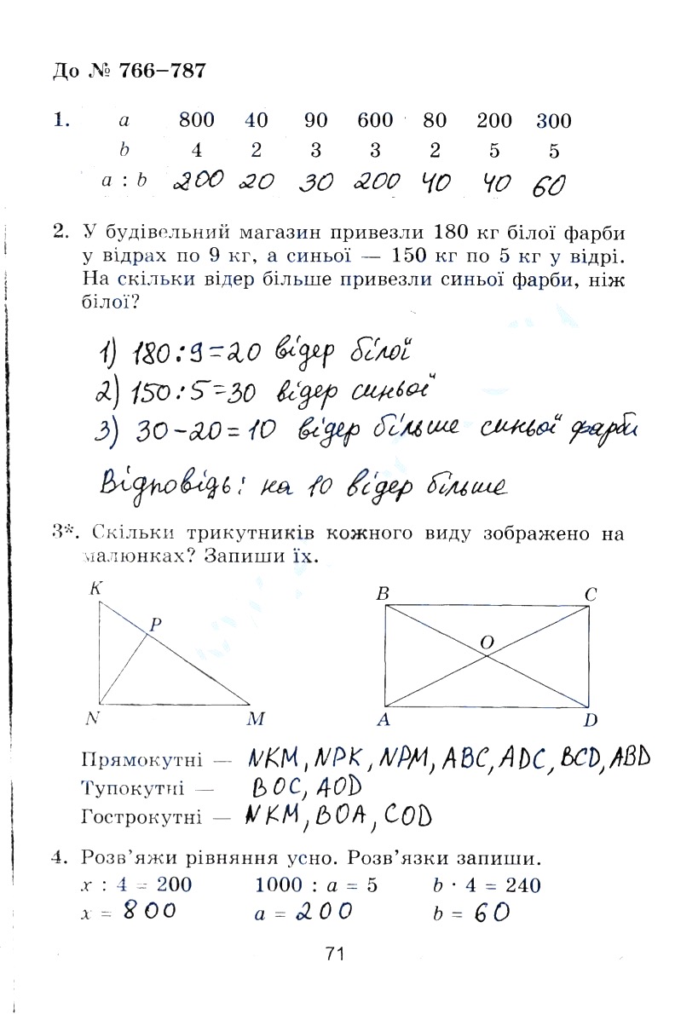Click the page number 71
click(333, 954)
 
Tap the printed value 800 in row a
click(197, 120)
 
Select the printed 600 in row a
click(375, 120)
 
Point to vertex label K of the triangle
click(95, 588)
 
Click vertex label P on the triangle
click(155, 625)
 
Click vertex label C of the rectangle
click(590, 594)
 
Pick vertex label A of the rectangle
click(383, 721)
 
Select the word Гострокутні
click(142, 818)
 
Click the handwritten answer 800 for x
click(148, 911)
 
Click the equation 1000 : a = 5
click(316, 884)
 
